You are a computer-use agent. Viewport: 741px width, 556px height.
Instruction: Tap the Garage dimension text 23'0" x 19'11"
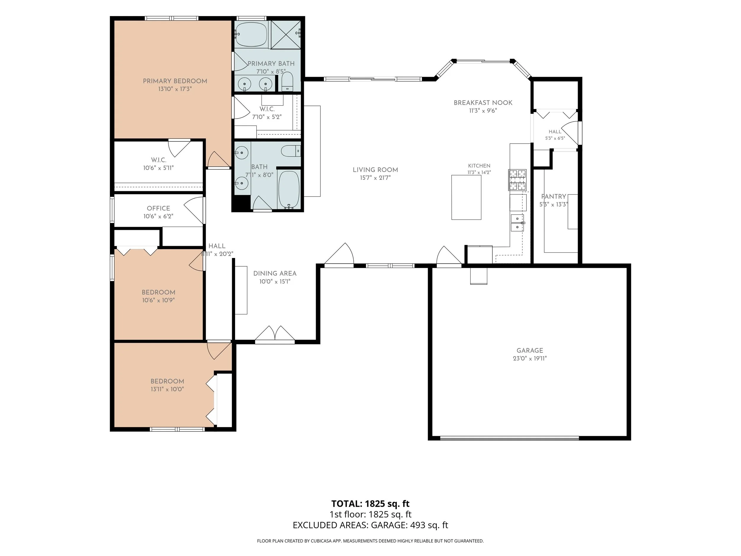point(530,358)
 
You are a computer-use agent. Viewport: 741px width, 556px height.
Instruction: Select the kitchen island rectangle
point(466,197)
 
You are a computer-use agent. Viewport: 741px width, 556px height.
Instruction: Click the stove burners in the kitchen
point(517,180)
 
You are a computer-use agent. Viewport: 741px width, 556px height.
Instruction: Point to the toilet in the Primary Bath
point(288,82)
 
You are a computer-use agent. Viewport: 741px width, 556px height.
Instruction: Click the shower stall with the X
point(285,34)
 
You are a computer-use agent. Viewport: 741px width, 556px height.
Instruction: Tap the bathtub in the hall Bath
point(289,190)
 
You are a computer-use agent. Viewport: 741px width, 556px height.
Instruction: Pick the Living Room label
point(375,170)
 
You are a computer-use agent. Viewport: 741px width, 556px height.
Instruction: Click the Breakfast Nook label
point(483,103)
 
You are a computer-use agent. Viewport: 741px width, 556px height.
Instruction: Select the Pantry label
point(554,196)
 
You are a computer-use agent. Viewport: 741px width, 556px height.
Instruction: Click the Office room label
point(159,208)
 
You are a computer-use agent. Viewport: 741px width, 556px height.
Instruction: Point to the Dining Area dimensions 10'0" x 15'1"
point(275,281)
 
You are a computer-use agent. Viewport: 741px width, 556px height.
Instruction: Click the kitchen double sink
point(517,223)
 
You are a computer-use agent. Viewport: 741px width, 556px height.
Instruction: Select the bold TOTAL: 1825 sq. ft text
point(370,504)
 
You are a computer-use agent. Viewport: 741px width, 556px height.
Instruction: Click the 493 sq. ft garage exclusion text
point(429,525)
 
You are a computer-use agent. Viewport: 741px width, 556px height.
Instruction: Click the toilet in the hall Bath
point(290,151)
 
